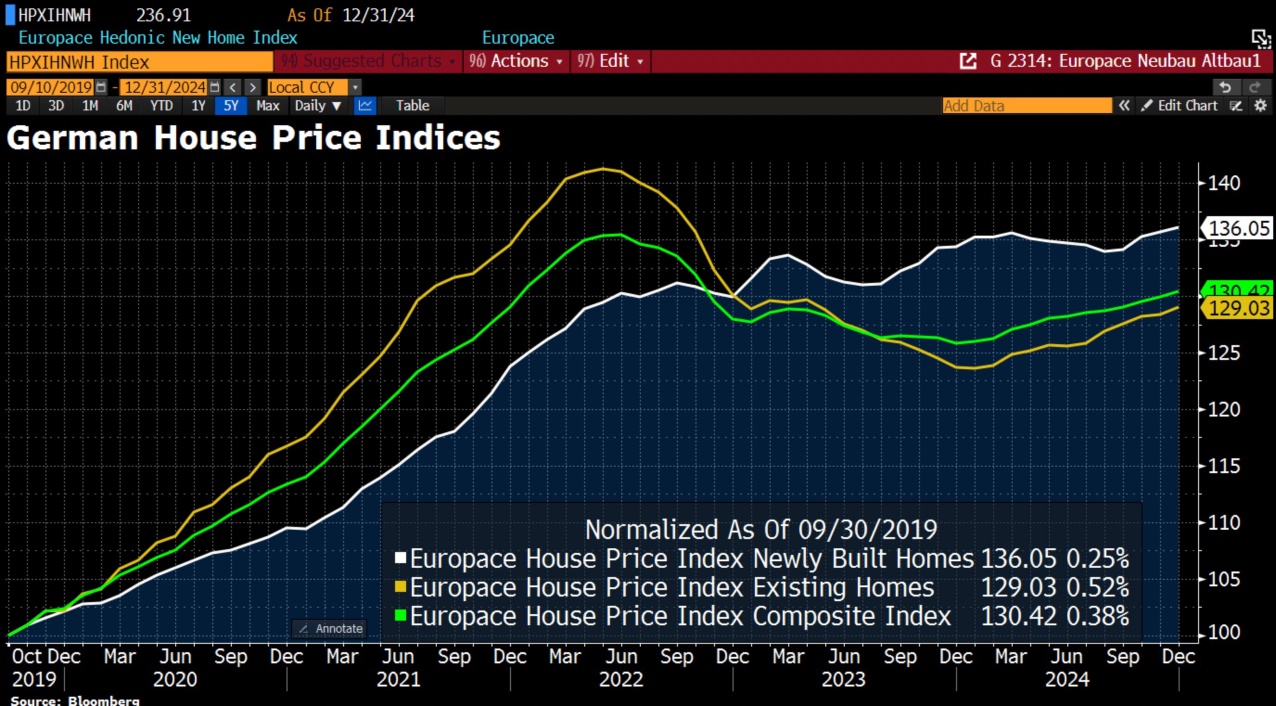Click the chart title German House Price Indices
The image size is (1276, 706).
[x=253, y=138]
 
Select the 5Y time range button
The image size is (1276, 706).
[x=231, y=105]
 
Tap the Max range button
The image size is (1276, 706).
[x=268, y=105]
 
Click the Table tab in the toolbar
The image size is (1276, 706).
[x=412, y=105]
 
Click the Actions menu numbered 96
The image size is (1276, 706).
[x=516, y=61]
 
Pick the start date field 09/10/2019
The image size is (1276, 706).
[x=51, y=88]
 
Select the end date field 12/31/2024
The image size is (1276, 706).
[x=165, y=88]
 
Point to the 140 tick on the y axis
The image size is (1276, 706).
[x=1224, y=183]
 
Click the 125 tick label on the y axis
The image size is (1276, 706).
[x=1224, y=353]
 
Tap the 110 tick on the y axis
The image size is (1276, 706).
[x=1224, y=523]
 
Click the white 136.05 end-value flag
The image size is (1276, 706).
[x=1238, y=228]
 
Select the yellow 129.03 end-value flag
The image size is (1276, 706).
[x=1238, y=308]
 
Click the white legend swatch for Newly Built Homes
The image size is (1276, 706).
[x=400, y=558]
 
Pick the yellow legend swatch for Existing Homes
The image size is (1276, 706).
[x=400, y=587]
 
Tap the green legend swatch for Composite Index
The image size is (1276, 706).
[x=400, y=616]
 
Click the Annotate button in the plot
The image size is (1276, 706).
[x=330, y=629]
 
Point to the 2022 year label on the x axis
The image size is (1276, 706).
[x=621, y=679]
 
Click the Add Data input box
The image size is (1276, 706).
[x=1027, y=105]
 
